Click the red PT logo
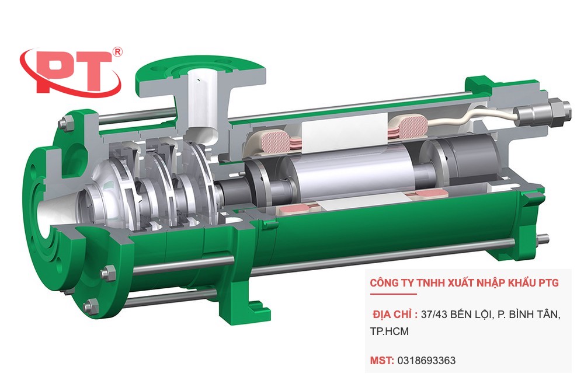click(x=70, y=71)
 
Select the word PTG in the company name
click(x=547, y=283)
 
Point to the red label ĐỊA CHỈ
click(x=395, y=315)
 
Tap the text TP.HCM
click(x=390, y=331)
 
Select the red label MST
click(x=382, y=361)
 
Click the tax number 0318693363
click(x=426, y=361)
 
